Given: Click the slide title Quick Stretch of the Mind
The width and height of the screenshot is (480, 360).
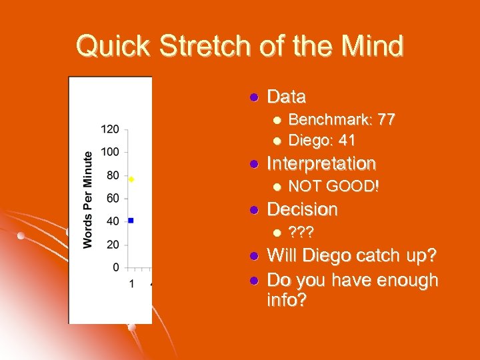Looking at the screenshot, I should tap(239, 47).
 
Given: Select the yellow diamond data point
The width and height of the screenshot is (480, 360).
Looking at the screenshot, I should tap(131, 179).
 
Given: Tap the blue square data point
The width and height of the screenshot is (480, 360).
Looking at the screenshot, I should tap(131, 220).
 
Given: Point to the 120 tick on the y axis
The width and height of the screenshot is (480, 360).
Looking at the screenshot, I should tap(110, 128).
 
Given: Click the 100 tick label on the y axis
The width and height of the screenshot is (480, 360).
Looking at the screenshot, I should tap(110, 151).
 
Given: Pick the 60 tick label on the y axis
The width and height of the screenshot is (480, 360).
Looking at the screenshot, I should tap(113, 198).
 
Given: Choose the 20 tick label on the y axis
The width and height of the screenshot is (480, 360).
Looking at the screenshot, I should tap(113, 244).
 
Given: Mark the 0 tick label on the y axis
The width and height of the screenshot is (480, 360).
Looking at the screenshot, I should tap(116, 267).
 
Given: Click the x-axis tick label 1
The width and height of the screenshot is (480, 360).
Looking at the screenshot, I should tap(131, 285).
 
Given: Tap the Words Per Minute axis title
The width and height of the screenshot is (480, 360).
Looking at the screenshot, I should tap(88, 199).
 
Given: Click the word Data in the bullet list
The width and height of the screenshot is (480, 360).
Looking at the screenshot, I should tap(286, 97).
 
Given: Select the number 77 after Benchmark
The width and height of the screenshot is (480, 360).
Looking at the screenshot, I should tap(386, 120).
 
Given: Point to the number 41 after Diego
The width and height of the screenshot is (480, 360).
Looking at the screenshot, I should tap(347, 141).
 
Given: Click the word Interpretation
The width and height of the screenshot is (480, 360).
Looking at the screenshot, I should tap(321, 163).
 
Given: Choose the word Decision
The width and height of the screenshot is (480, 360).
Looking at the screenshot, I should tap(302, 209).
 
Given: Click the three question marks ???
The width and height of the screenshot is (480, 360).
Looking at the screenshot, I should tap(301, 233).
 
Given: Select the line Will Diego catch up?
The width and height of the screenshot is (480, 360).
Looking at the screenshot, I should tap(352, 256).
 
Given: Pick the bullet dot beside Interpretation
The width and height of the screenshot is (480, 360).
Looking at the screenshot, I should tap(253, 164).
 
